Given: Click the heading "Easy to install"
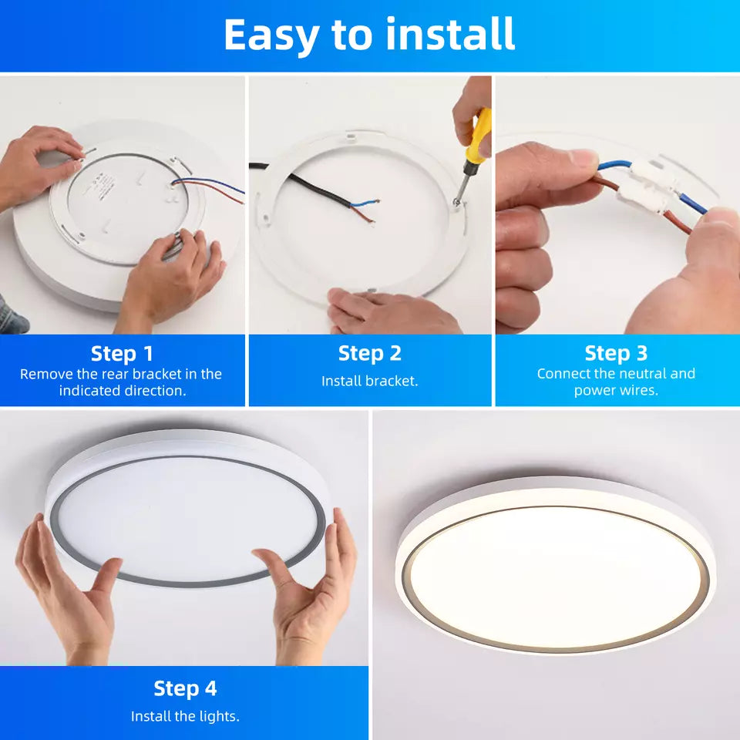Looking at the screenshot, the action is [369, 35].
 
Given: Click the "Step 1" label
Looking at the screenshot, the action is [122, 354].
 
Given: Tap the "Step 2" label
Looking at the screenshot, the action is [369, 354].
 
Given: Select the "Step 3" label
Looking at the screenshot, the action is [616, 353].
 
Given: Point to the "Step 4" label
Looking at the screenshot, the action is [185, 688].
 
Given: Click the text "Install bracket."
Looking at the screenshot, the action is [369, 381].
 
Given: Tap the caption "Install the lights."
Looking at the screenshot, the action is [185, 716].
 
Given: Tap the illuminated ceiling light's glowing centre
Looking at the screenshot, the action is [555, 577].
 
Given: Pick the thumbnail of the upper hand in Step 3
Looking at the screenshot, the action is [583, 157].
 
